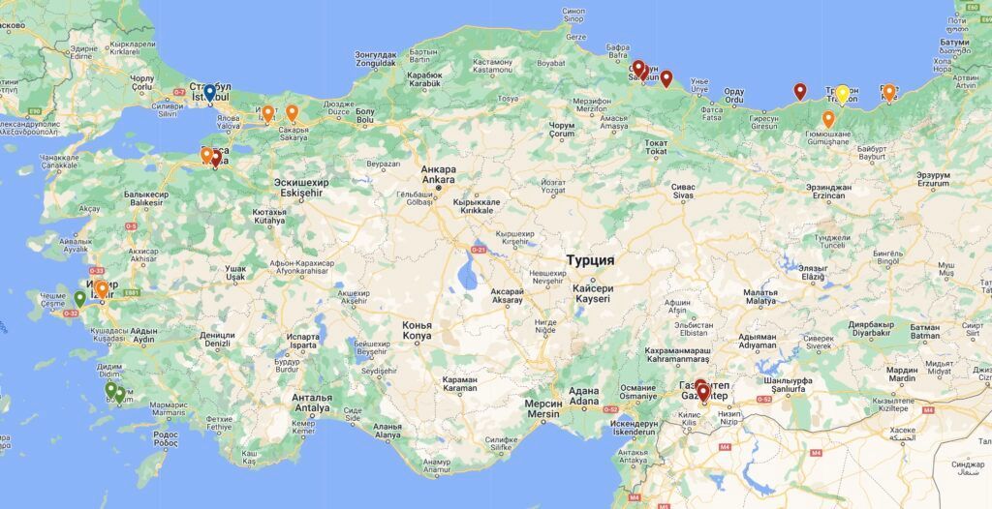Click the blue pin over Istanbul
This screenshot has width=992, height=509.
209,93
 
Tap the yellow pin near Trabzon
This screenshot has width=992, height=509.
843,93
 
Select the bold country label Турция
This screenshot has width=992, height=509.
590,261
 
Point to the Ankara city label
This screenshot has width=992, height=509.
438,174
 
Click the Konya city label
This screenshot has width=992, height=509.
417,330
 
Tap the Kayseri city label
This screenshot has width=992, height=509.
594,294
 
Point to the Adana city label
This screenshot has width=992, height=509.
583,398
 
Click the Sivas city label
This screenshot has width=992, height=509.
684,191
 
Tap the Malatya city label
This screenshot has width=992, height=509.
760,297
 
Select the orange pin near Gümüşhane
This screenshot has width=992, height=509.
828,118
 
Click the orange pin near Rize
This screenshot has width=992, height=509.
889,92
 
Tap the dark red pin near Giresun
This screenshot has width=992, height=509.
800,91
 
